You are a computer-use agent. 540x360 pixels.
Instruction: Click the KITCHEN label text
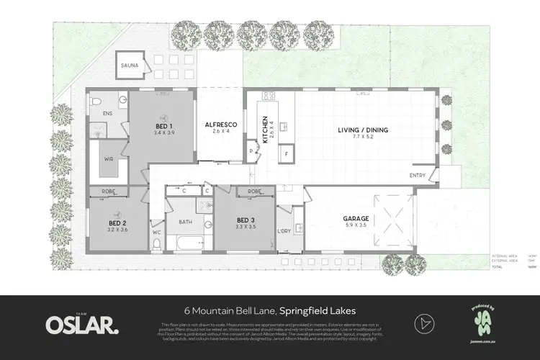[x=266, y=130]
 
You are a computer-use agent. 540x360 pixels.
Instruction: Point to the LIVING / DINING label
[x=363, y=130]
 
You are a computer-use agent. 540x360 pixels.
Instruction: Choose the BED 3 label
[x=246, y=219]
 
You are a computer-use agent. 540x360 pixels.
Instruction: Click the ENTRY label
[x=417, y=175]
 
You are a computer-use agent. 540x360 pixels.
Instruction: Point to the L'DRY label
[x=284, y=230]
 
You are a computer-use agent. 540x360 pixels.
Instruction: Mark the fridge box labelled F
[x=287, y=154]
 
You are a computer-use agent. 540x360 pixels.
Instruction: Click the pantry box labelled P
[x=251, y=151]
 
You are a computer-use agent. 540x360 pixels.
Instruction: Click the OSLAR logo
[x=82, y=324]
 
